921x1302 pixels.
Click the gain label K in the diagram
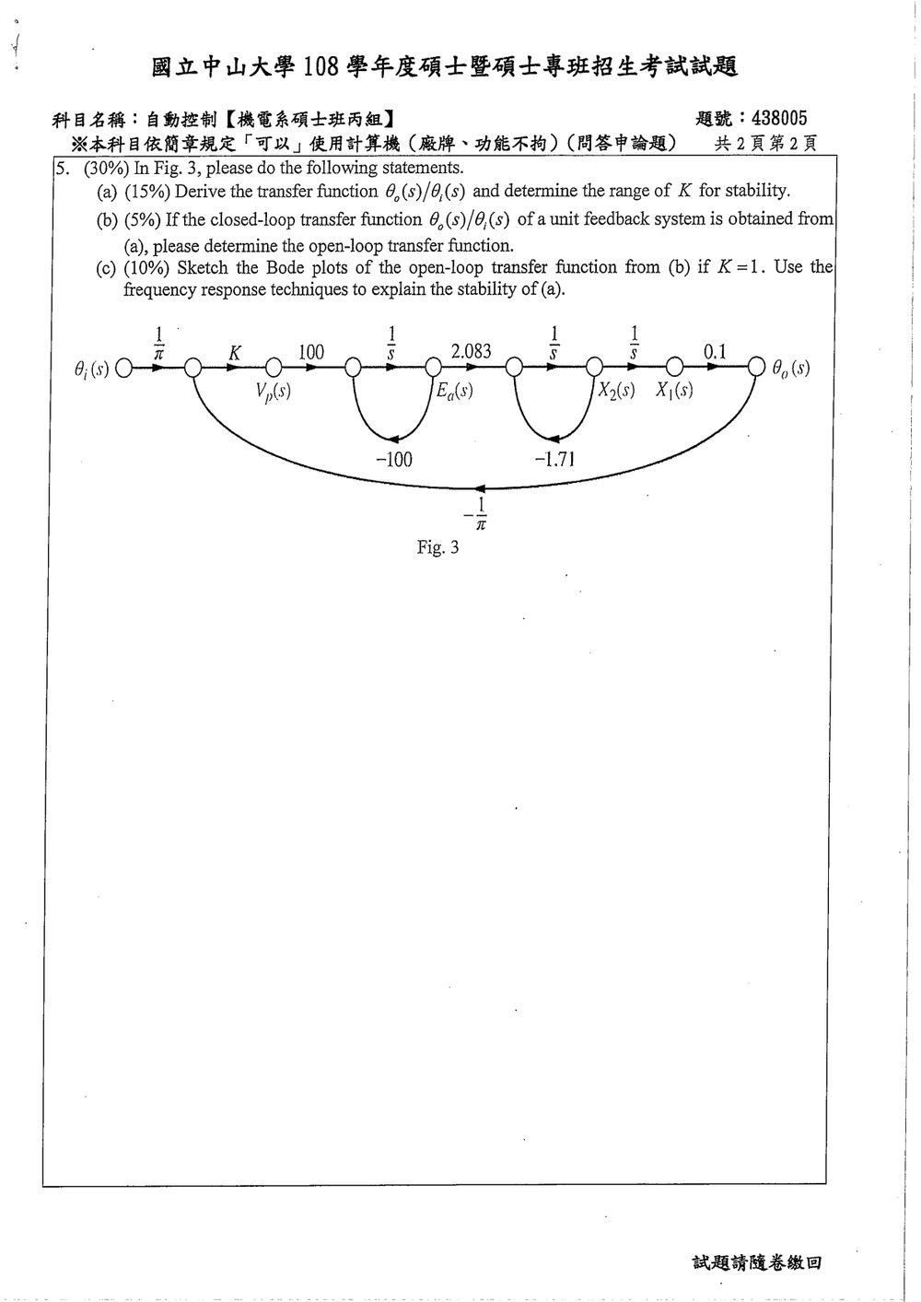[x=235, y=353]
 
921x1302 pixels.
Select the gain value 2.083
[x=472, y=351]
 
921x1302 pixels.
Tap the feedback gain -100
[x=394, y=459]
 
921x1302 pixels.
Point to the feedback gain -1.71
[x=554, y=459]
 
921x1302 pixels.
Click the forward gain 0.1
[x=715, y=351]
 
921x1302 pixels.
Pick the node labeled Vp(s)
[x=274, y=392]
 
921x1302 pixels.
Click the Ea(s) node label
[x=455, y=391]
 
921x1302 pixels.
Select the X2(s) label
[x=616, y=390]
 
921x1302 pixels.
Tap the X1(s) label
[x=674, y=390]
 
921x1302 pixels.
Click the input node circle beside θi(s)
[x=123, y=368]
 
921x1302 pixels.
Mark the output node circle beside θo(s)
[x=756, y=367]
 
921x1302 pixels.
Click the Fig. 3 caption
[x=437, y=547]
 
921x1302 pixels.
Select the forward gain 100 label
[x=311, y=352]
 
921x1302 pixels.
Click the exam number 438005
[x=779, y=119]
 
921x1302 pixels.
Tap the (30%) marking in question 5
[x=106, y=168]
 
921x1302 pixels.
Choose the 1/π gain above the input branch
[x=158, y=344]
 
